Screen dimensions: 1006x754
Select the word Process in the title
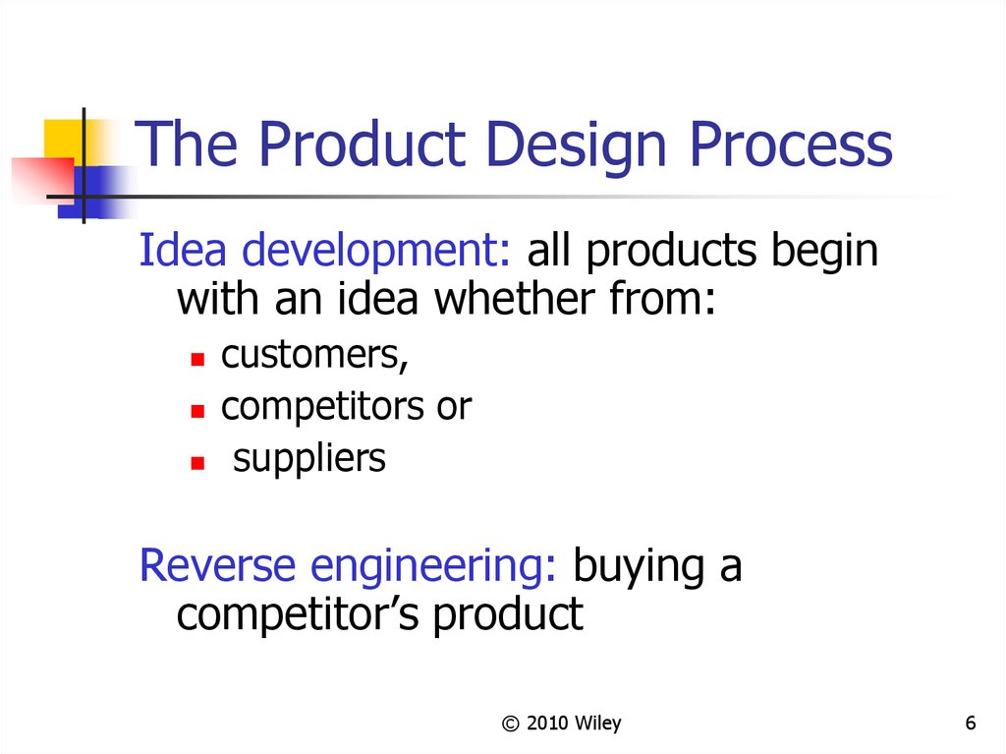coord(791,145)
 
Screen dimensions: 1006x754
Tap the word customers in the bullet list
coord(314,355)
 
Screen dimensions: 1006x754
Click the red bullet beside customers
coord(197,359)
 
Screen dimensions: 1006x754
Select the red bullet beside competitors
coord(197,411)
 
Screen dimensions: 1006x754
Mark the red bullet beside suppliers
coord(197,463)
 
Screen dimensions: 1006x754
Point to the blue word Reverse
coord(217,565)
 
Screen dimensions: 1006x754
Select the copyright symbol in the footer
coord(510,724)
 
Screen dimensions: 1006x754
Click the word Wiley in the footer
coord(598,724)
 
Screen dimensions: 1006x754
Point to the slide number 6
coord(971,724)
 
